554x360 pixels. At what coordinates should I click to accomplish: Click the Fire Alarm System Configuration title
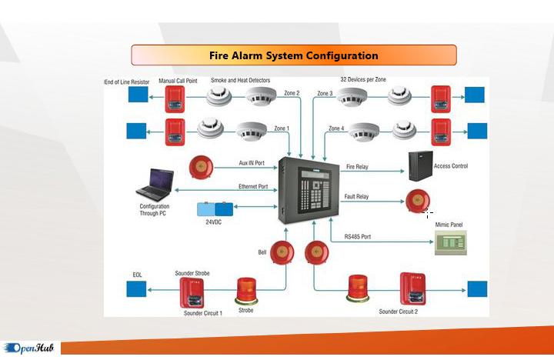[x=293, y=55]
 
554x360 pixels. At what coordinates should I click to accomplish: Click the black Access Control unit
[x=419, y=165]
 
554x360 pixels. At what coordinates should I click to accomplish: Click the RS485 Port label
[x=357, y=237]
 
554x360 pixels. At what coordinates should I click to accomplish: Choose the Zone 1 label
[x=282, y=128]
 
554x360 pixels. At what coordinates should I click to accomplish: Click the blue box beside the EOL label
[x=137, y=289]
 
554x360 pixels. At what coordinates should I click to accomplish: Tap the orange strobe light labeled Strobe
[x=246, y=291]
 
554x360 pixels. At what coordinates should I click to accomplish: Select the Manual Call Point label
[x=177, y=80]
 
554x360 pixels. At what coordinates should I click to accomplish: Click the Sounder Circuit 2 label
[x=399, y=312]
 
